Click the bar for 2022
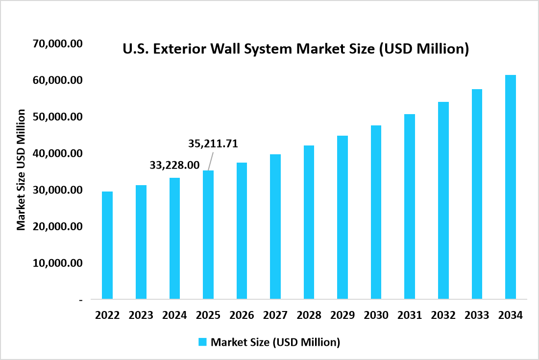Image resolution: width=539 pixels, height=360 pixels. pos(107,245)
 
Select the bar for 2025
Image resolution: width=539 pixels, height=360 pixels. pos(208,235)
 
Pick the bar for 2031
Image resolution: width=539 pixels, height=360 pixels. pos(410,206)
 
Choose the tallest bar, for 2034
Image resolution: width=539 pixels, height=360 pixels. pos(511,187)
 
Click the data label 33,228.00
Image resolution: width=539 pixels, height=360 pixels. pos(174,166)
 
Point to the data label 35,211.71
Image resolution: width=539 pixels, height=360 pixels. pos(213,144)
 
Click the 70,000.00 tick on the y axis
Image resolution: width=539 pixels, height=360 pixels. pos(57,44)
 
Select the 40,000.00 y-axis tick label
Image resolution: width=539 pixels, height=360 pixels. pos(57,153)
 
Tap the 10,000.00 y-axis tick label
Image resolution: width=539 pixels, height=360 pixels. pos(57,263)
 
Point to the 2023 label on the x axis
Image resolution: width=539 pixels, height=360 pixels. pos(141,315)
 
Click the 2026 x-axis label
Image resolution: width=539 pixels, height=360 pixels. pos(242,315)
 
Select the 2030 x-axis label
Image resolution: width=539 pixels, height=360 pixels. pos(376,315)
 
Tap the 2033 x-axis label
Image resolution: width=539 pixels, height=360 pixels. pos(477,315)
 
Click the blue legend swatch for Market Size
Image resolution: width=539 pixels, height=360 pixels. pos(202,342)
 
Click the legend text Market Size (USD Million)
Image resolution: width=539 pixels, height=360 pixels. pos(275,342)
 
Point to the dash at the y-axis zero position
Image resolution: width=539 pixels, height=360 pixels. pos(80,300)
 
